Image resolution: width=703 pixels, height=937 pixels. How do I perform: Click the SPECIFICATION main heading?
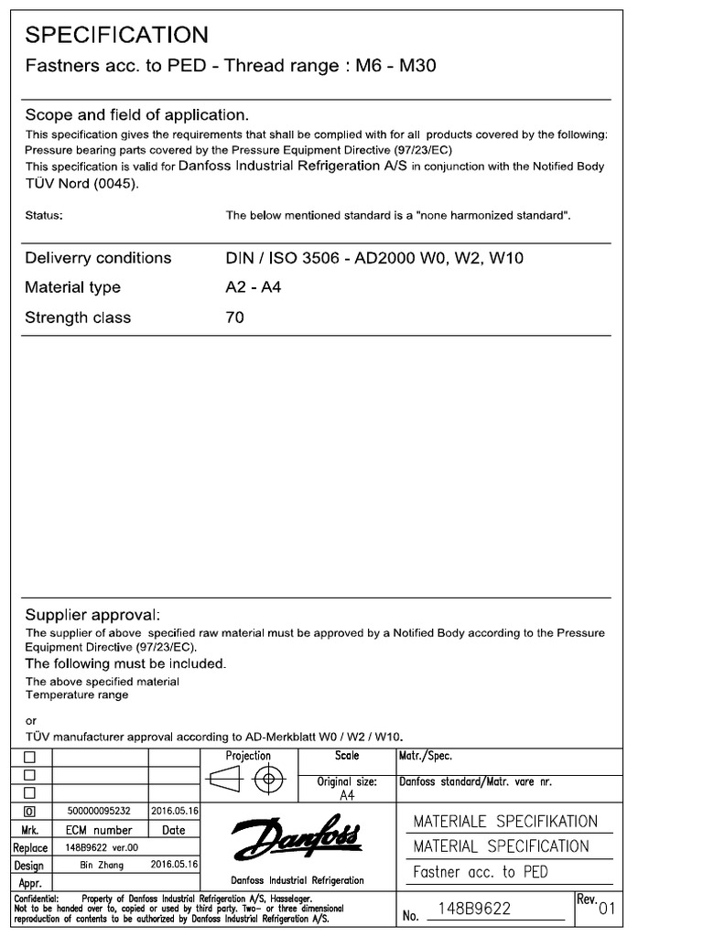click(116, 35)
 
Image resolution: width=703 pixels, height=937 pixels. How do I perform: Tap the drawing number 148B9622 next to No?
click(474, 909)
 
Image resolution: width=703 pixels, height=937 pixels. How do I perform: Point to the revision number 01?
click(609, 909)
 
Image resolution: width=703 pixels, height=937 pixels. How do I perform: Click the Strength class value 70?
click(234, 318)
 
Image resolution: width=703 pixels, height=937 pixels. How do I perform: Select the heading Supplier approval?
click(92, 615)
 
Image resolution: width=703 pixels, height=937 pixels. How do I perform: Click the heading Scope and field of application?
click(136, 115)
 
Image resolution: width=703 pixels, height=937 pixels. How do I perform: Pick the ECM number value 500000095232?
click(100, 811)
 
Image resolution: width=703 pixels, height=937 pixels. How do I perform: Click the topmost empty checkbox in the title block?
click(30, 758)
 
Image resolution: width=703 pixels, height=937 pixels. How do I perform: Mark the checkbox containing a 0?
click(30, 812)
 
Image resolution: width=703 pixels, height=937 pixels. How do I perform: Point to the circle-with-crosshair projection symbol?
click(268, 781)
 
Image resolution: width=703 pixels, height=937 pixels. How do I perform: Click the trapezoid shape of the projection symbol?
click(225, 781)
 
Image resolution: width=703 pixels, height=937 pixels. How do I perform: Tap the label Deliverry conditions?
click(98, 258)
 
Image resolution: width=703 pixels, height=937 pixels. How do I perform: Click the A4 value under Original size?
click(347, 795)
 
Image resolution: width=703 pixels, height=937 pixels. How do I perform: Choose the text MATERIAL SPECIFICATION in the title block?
click(501, 846)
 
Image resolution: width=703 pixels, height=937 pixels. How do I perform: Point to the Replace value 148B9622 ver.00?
click(100, 847)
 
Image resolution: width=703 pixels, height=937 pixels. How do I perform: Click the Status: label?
click(44, 216)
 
